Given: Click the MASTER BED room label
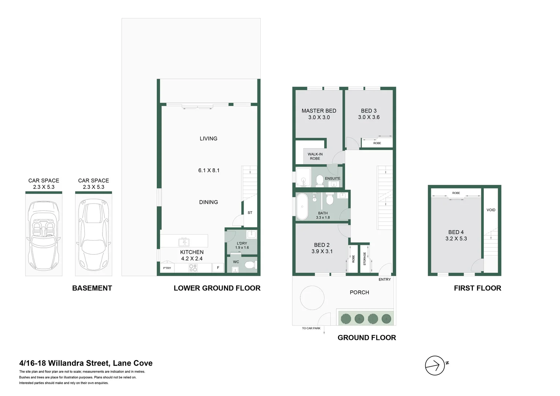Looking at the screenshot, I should [x=319, y=111].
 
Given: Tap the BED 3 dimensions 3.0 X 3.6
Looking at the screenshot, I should [x=369, y=117].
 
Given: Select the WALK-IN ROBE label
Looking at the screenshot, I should [x=315, y=156].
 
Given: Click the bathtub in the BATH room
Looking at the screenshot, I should [x=302, y=206].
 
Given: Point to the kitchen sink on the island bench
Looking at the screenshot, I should [x=184, y=242].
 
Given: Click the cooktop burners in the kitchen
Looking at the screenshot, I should [x=193, y=268].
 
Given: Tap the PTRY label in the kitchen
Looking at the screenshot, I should [x=167, y=268].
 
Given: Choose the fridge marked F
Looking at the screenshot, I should [x=218, y=268].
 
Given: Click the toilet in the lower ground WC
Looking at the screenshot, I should [x=250, y=265].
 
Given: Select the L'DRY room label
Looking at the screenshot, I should [x=242, y=243].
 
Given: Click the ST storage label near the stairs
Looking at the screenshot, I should [x=250, y=213].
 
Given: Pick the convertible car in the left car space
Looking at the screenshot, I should [x=44, y=235].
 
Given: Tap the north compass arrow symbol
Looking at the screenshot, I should [x=435, y=366].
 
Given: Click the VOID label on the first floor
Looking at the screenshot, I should [x=491, y=210].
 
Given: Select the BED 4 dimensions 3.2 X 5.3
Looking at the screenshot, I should [x=456, y=239].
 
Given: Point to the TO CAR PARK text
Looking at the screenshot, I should [x=311, y=328].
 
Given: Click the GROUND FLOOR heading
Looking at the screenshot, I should [x=367, y=338].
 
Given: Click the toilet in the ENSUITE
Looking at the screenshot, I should [x=320, y=180].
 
